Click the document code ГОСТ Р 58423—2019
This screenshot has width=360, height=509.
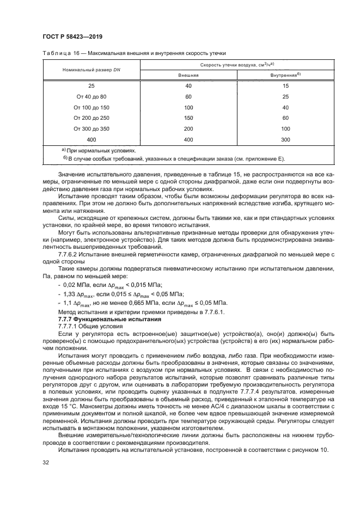pyautogui.click(x=72, y=36)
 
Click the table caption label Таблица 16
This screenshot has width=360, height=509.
pyautogui.click(x=61, y=52)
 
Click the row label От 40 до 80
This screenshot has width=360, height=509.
pyautogui.click(x=91, y=96)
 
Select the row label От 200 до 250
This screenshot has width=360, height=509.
pyautogui.click(x=91, y=118)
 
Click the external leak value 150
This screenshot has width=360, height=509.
pyautogui.click(x=188, y=118)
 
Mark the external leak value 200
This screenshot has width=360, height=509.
pyautogui.click(x=188, y=128)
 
